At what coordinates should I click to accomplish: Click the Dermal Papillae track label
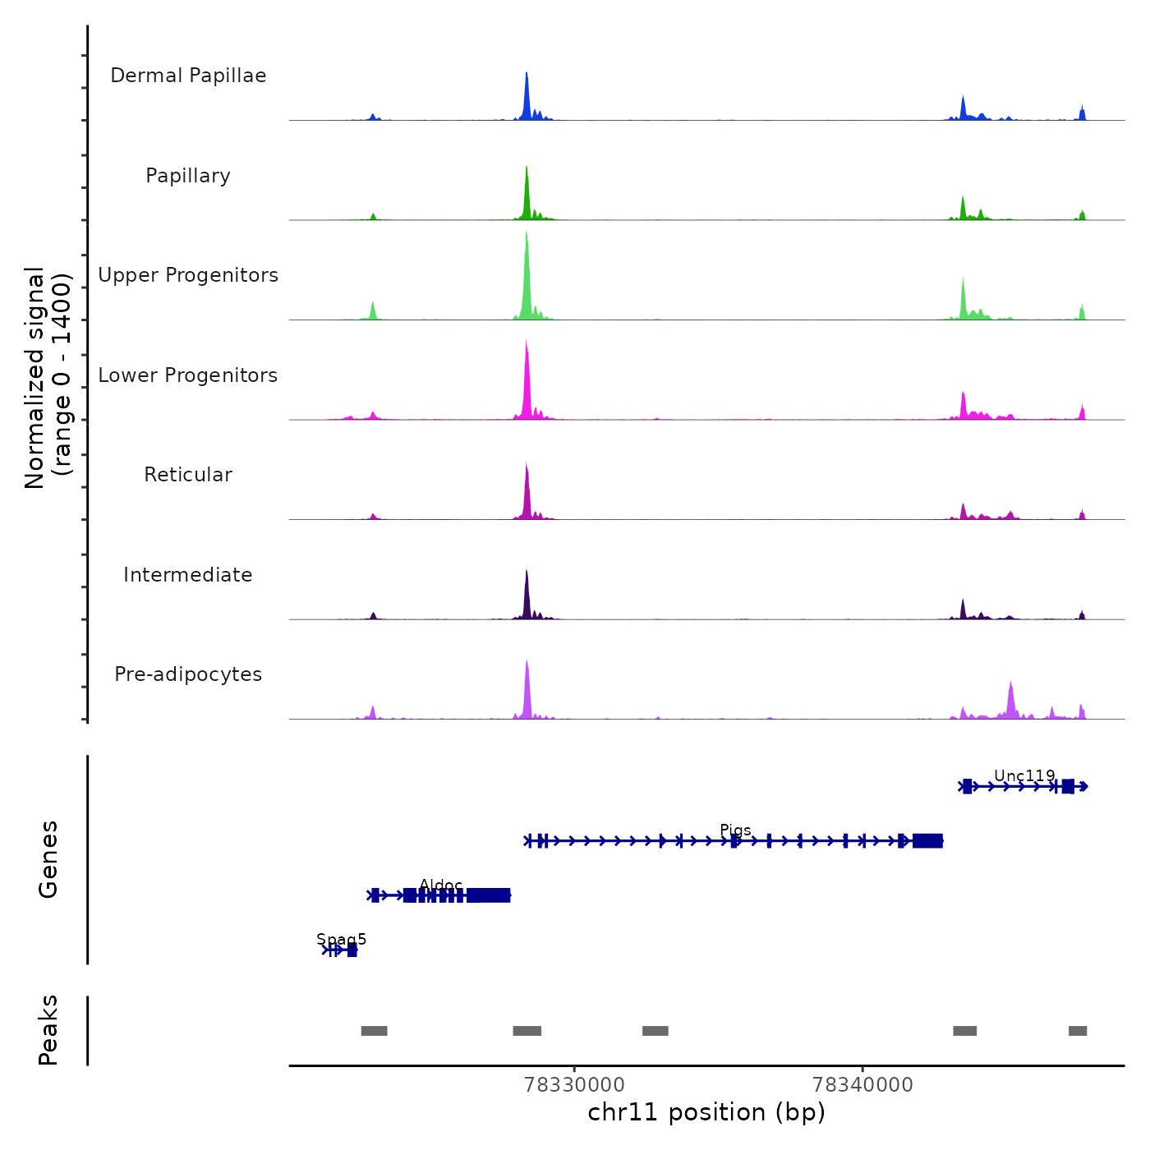click(188, 76)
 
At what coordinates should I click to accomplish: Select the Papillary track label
click(188, 176)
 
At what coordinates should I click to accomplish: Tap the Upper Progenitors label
click(188, 275)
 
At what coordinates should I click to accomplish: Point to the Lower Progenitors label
click(188, 375)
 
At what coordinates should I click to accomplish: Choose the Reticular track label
click(188, 475)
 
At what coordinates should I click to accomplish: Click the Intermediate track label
click(188, 575)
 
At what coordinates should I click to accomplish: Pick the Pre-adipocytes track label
click(188, 674)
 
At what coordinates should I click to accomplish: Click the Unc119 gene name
click(1024, 775)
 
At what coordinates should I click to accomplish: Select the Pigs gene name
click(735, 830)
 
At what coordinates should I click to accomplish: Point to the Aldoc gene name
click(441, 885)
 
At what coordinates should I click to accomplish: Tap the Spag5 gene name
click(342, 939)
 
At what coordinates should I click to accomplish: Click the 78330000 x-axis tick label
click(574, 1085)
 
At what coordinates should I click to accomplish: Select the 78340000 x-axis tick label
click(862, 1085)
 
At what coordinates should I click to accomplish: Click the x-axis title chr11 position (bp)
click(706, 1112)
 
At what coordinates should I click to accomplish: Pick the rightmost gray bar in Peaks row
click(1078, 1031)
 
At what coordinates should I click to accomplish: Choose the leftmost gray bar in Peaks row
click(374, 1031)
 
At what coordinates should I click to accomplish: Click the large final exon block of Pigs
click(928, 840)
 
